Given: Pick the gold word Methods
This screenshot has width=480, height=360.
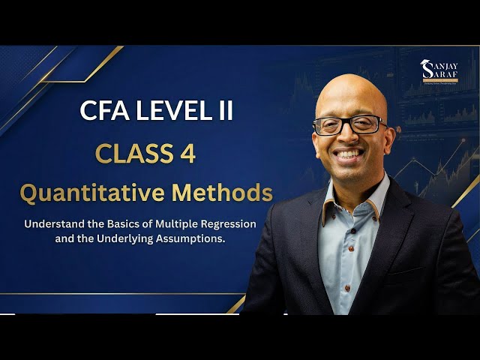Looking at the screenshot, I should (222, 193).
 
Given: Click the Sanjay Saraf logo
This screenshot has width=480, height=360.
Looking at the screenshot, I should (438, 73).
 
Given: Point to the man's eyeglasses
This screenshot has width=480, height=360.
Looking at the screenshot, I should (349, 124).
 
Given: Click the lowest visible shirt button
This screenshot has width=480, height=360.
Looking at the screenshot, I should (347, 288).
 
